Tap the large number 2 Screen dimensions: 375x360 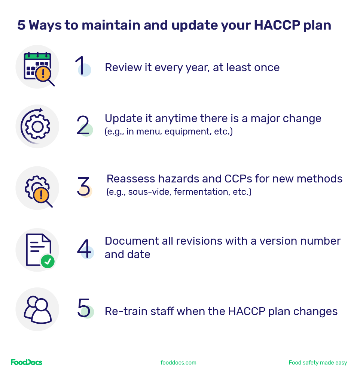(83, 125)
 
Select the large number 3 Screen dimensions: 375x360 (83, 186)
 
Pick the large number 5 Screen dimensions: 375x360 (83, 308)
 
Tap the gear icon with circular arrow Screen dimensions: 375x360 (37, 126)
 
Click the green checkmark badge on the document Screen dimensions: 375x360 (48, 261)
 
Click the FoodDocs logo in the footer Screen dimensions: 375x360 (27, 362)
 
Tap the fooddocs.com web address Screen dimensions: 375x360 (179, 363)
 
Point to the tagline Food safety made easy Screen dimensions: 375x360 (318, 363)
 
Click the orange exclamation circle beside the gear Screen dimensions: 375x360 (40, 195)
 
